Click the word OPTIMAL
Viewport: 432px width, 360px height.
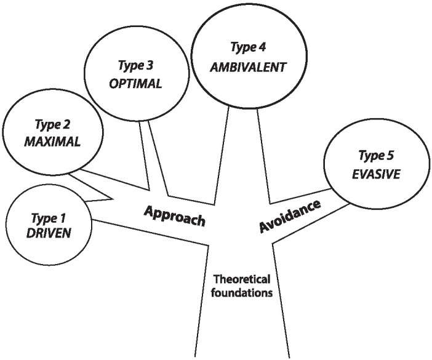pos(136,83)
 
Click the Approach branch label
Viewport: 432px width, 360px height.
pos(174,216)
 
